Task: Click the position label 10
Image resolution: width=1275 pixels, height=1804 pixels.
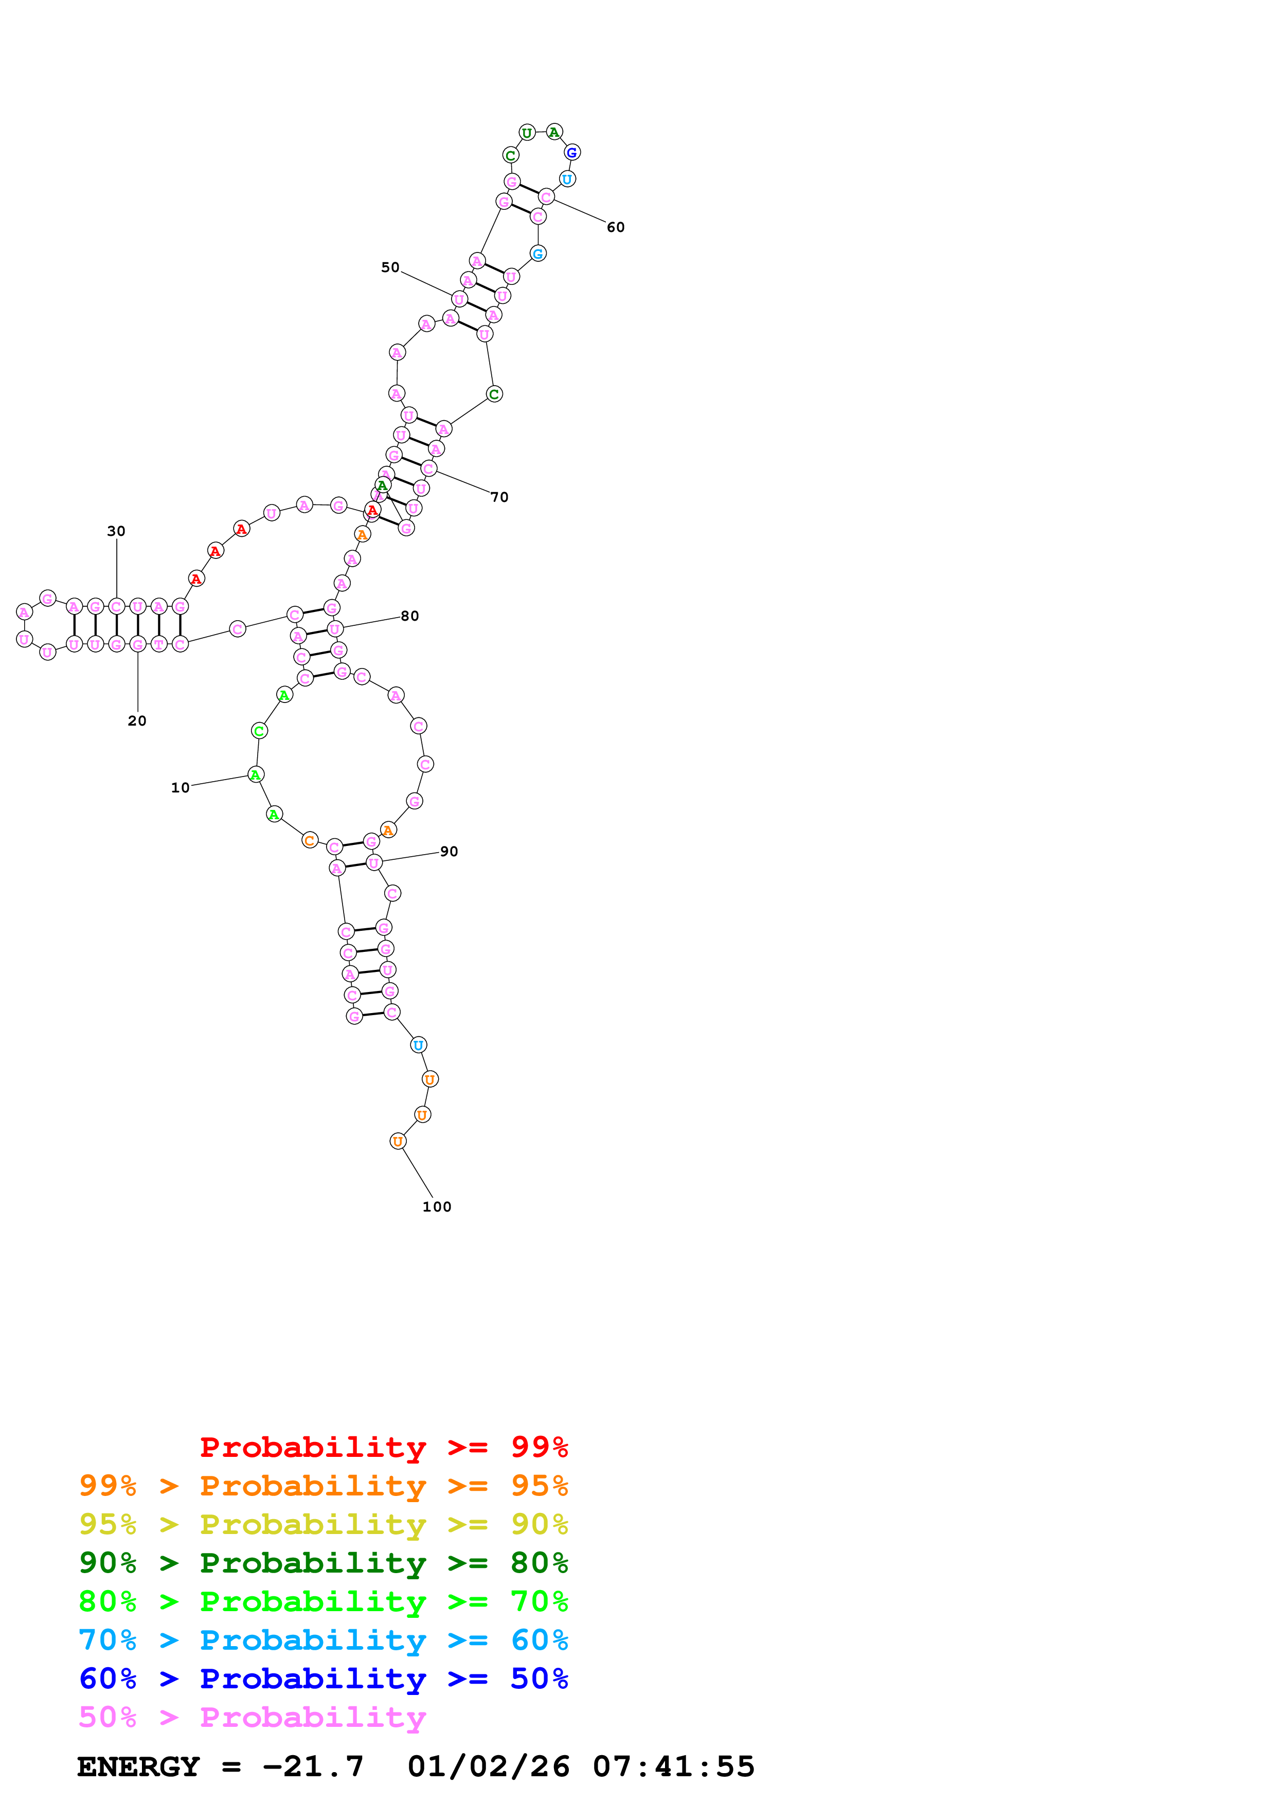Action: pos(180,787)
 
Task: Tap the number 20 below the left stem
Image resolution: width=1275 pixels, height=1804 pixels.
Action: pos(137,720)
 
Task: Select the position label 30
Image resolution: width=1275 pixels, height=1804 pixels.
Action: pos(116,531)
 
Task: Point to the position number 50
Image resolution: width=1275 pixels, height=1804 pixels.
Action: pos(390,267)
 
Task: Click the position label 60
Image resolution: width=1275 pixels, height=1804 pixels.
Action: pos(615,227)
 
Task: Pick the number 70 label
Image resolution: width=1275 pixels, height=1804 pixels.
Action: pos(499,497)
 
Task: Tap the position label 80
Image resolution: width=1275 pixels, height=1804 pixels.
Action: pos(409,616)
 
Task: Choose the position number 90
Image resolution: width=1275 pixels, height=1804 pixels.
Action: pos(448,851)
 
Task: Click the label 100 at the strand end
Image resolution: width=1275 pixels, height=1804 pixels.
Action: pos(437,1207)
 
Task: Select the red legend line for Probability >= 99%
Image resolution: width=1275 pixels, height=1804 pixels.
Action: pos(383,1447)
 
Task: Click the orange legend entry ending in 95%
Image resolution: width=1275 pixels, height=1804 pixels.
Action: pos(323,1486)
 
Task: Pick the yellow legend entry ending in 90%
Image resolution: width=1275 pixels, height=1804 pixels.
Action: pos(323,1524)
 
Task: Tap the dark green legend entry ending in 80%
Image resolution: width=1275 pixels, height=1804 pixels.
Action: pos(323,1563)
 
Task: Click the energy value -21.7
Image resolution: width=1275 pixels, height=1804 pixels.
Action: pos(313,1766)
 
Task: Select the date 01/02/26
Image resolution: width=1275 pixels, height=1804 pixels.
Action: pos(488,1766)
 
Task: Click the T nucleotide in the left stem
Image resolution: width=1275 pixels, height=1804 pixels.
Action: pos(159,644)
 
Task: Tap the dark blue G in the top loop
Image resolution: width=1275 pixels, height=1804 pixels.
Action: pos(572,152)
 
